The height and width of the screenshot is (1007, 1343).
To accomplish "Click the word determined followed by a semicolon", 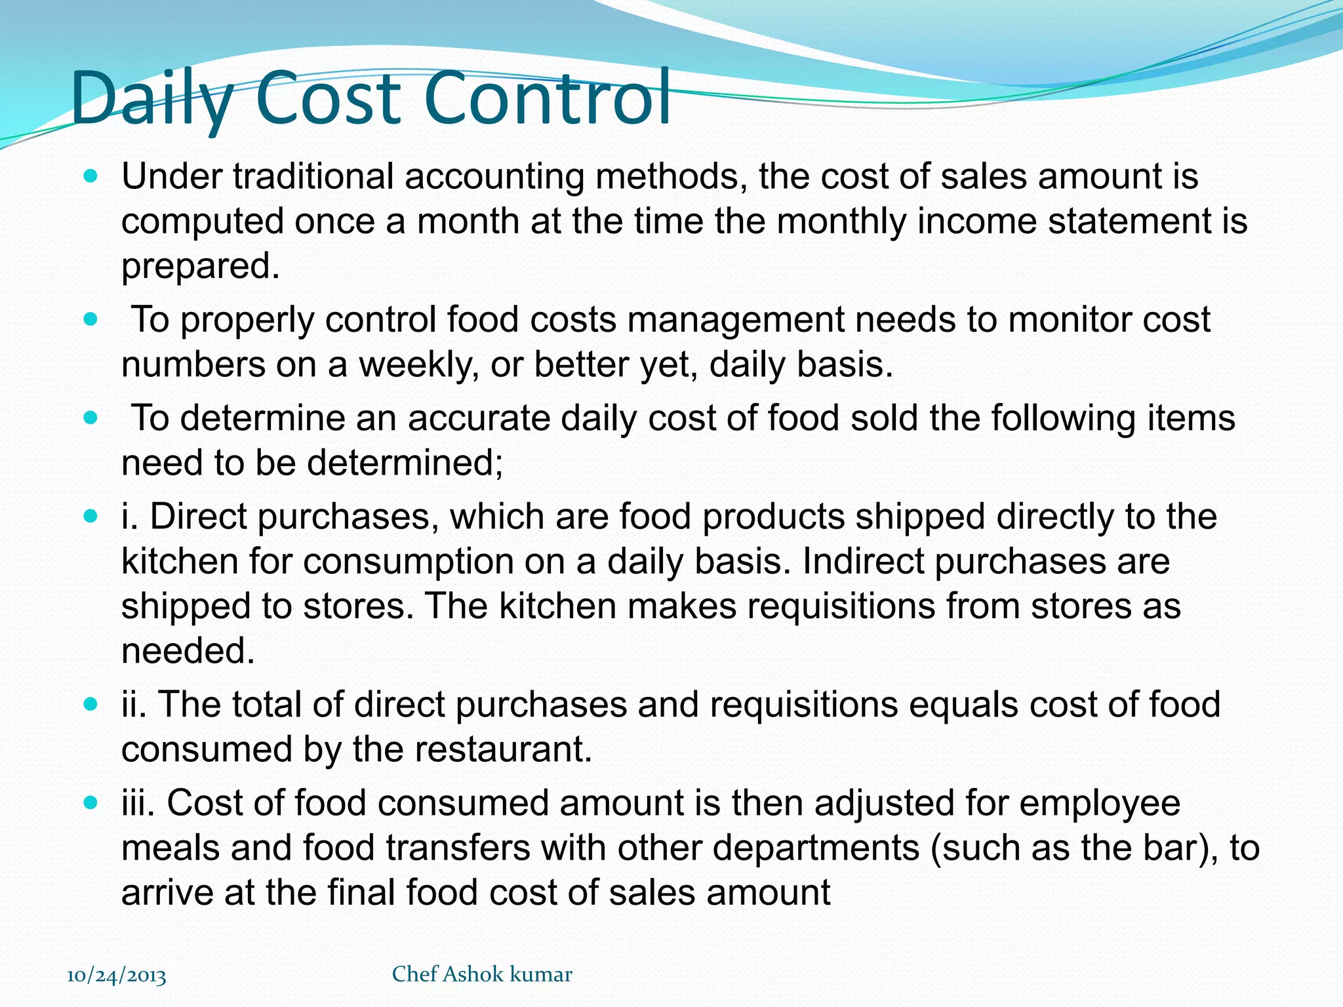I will [404, 464].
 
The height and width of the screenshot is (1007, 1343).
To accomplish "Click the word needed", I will [188, 651].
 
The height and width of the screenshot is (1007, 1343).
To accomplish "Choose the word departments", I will [816, 848].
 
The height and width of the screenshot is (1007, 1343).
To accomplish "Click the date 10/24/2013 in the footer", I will [117, 976].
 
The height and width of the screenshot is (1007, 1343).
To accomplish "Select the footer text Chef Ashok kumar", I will [482, 974].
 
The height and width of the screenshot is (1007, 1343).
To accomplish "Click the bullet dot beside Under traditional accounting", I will [91, 176].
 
